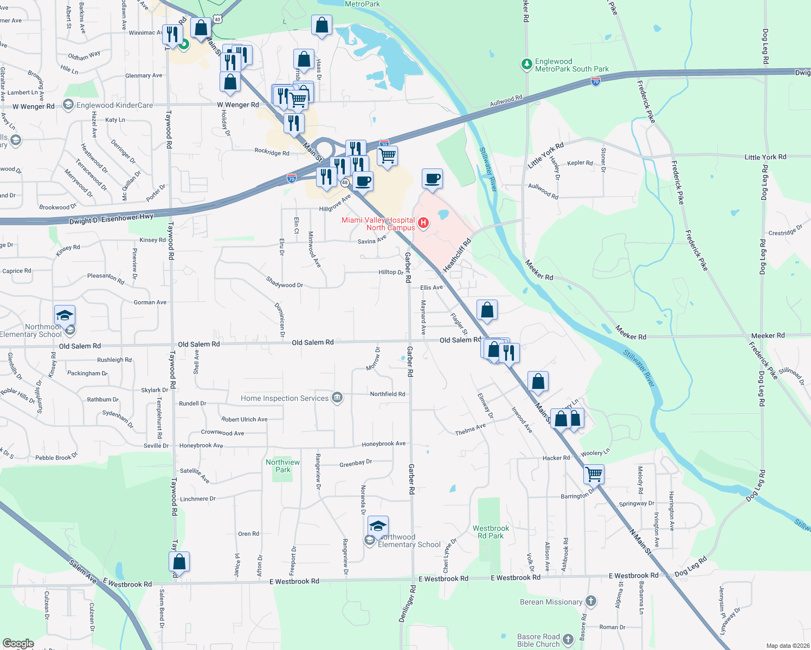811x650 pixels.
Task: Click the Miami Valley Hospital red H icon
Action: [x=424, y=223]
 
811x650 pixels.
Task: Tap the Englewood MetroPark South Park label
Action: [x=571, y=66]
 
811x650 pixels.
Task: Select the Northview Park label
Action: [x=282, y=466]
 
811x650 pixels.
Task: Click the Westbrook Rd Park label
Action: [x=491, y=532]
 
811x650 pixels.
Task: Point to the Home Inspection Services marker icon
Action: [x=337, y=398]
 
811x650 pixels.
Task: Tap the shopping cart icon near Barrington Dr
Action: [x=594, y=474]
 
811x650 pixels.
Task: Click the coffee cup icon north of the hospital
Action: [x=432, y=178]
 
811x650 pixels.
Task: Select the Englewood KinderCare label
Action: [x=114, y=105]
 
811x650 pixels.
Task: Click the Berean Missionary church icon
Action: [x=591, y=601]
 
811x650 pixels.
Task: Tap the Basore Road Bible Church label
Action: [x=538, y=640]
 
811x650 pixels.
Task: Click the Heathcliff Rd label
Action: [x=457, y=255]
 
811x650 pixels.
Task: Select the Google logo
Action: [x=18, y=643]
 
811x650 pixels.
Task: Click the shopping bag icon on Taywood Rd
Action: [x=179, y=562]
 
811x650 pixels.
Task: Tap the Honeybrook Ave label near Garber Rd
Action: [x=383, y=444]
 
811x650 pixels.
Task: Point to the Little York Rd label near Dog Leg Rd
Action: [x=765, y=157]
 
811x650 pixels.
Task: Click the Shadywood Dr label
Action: [x=284, y=282]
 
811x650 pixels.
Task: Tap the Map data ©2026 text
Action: [x=786, y=646]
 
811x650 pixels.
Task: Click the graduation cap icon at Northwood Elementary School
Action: [x=378, y=526]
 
